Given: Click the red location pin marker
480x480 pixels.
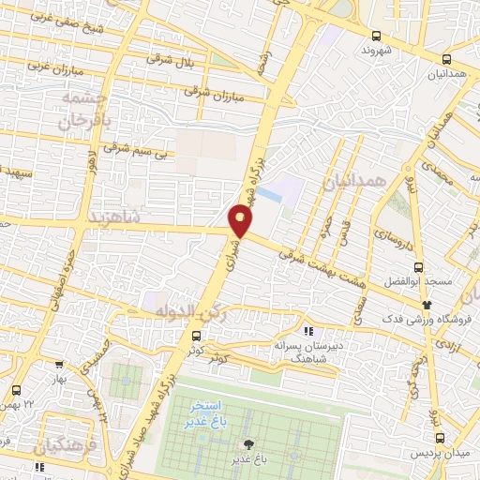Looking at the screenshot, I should click(241, 221).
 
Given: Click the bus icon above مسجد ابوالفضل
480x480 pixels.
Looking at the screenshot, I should click(420, 265).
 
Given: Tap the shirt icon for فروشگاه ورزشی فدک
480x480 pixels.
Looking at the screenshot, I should click(427, 304).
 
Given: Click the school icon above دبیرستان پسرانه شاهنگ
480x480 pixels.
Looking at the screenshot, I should click(307, 330).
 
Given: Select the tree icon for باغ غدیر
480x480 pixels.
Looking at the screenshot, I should click(249, 444).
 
